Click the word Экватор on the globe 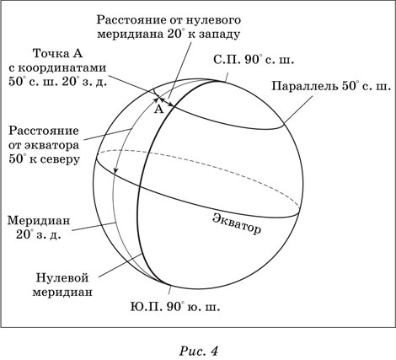(x=237, y=224)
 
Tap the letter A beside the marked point (x=159, y=109)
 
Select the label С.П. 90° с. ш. (x=254, y=60)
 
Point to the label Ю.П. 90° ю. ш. (x=175, y=307)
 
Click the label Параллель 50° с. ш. (x=331, y=86)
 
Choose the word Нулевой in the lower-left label (x=62, y=277)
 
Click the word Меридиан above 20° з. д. (x=39, y=220)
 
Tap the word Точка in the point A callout (x=50, y=53)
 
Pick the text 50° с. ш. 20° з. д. (x=57, y=82)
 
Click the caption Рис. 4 (x=198, y=351)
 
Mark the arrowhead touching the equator (x=115, y=171)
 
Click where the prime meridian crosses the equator (x=140, y=185)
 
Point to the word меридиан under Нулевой (x=62, y=292)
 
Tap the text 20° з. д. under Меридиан (x=38, y=234)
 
